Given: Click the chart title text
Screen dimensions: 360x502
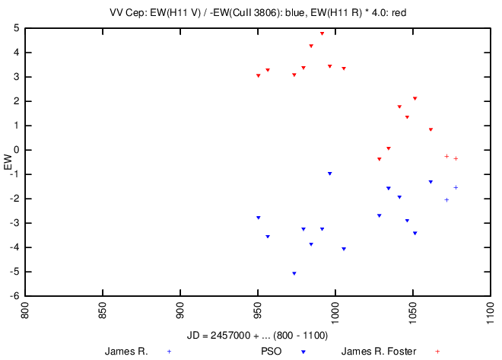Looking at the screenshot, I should pyautogui.click(x=262, y=11).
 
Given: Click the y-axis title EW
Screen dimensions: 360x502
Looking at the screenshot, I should pyautogui.click(x=8, y=162).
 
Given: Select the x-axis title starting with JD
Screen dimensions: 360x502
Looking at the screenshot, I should pyautogui.click(x=257, y=336).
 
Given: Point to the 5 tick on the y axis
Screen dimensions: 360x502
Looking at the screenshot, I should pyautogui.click(x=17, y=28).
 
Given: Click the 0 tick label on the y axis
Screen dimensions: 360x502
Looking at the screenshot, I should pyautogui.click(x=17, y=150).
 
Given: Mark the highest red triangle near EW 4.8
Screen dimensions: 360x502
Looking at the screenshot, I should pyautogui.click(x=322, y=33).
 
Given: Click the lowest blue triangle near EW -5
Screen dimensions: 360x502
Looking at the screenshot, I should pyautogui.click(x=294, y=273).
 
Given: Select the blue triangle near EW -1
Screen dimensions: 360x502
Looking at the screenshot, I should pyautogui.click(x=329, y=174).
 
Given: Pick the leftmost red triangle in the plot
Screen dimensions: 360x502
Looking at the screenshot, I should pyautogui.click(x=259, y=75).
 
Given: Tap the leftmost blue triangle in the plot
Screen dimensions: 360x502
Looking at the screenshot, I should pyautogui.click(x=259, y=218).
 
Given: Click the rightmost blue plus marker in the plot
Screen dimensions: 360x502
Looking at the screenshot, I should pyautogui.click(x=456, y=187).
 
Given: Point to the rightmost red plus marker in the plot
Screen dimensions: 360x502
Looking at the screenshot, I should pyautogui.click(x=456, y=158).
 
